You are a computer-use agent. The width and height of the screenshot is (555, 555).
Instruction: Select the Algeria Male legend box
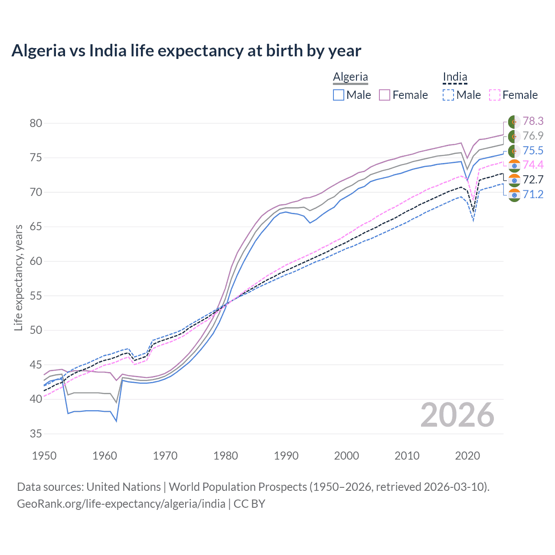(x=339, y=95)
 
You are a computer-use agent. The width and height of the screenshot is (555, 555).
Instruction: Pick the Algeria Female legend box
(x=385, y=95)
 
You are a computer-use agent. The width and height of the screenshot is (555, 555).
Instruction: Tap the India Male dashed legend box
(x=448, y=95)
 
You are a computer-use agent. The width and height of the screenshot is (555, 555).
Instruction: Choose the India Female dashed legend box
(x=495, y=95)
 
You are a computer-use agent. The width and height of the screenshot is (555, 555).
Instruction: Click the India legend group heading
(x=455, y=77)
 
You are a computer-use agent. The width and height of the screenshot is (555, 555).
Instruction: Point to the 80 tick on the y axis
(x=36, y=123)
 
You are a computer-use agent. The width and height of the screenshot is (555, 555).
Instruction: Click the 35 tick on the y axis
(x=36, y=434)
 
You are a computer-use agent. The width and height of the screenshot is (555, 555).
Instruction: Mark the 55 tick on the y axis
(x=36, y=296)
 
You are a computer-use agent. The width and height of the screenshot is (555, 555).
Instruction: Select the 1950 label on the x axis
(x=45, y=456)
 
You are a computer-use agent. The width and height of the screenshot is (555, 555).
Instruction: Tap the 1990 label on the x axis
(x=286, y=456)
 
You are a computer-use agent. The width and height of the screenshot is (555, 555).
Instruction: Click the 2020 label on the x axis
(x=467, y=456)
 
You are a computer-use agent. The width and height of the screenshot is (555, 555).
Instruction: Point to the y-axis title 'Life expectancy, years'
(x=18, y=277)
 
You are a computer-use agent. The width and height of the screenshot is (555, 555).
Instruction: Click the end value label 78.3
(x=533, y=121)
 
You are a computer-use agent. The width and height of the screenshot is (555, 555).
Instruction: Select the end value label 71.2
(x=533, y=194)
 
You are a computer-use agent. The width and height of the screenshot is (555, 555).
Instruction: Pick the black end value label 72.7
(x=533, y=180)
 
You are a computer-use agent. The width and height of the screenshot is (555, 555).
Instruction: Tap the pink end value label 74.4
(x=533, y=165)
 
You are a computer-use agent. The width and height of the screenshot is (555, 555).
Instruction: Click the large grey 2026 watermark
(x=457, y=415)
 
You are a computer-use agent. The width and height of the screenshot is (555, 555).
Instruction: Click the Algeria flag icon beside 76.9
(x=514, y=136)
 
